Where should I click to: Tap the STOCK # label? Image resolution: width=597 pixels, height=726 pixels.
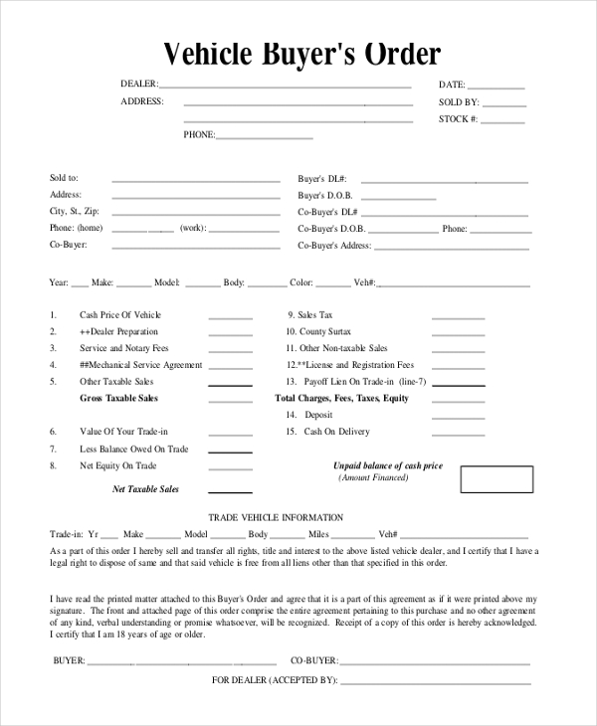[458, 119]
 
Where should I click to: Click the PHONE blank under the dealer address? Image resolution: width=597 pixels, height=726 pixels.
[264, 138]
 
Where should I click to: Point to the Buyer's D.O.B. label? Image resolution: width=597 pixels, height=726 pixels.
[325, 196]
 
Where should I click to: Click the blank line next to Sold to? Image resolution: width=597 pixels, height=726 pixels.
[196, 182]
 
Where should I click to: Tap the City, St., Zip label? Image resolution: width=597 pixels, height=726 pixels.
[75, 212]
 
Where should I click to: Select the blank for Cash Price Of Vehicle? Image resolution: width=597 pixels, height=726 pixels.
[230, 319]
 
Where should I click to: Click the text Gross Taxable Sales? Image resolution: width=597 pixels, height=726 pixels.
[118, 399]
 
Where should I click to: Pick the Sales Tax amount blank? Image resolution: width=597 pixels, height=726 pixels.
[458, 319]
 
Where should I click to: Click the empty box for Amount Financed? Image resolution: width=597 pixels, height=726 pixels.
[497, 478]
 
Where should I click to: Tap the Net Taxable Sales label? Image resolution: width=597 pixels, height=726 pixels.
[145, 489]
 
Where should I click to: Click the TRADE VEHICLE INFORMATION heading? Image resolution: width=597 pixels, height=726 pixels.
[276, 518]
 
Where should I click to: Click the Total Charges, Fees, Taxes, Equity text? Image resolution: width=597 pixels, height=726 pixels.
[341, 399]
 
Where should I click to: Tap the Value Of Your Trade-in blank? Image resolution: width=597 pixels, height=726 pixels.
[230, 436]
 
